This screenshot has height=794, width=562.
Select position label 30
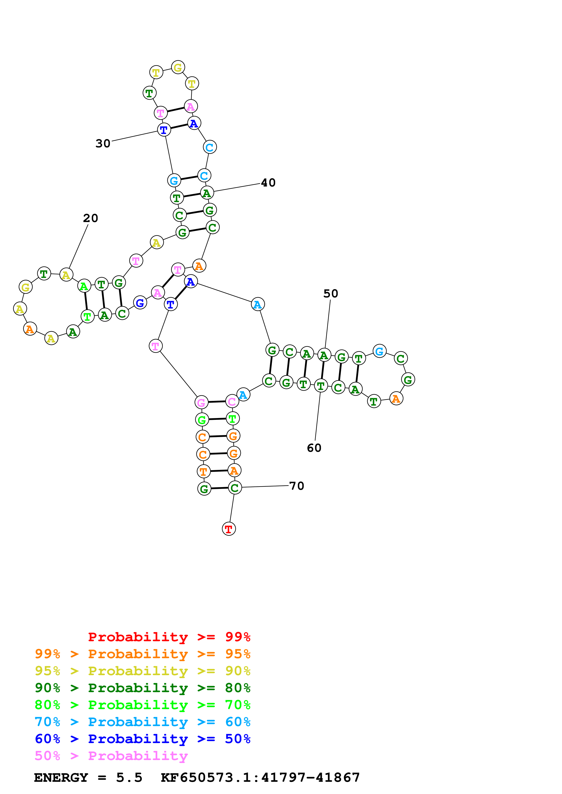(103, 143)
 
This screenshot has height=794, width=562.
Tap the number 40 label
(268, 183)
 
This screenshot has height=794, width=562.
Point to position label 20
(90, 218)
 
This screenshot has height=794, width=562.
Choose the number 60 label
(314, 448)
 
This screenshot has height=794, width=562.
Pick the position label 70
(296, 486)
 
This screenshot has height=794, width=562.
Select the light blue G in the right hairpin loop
(380, 351)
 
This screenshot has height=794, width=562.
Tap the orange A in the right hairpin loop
(396, 399)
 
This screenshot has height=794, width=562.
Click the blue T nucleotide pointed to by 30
(164, 130)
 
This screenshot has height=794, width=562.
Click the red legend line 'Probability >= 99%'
(169, 637)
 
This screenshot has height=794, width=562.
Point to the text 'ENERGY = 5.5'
(88, 778)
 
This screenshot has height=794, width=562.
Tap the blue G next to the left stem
(140, 303)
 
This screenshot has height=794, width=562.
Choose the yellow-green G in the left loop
(26, 287)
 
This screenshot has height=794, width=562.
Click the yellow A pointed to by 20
(66, 275)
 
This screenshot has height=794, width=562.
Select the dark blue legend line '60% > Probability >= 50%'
(142, 739)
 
